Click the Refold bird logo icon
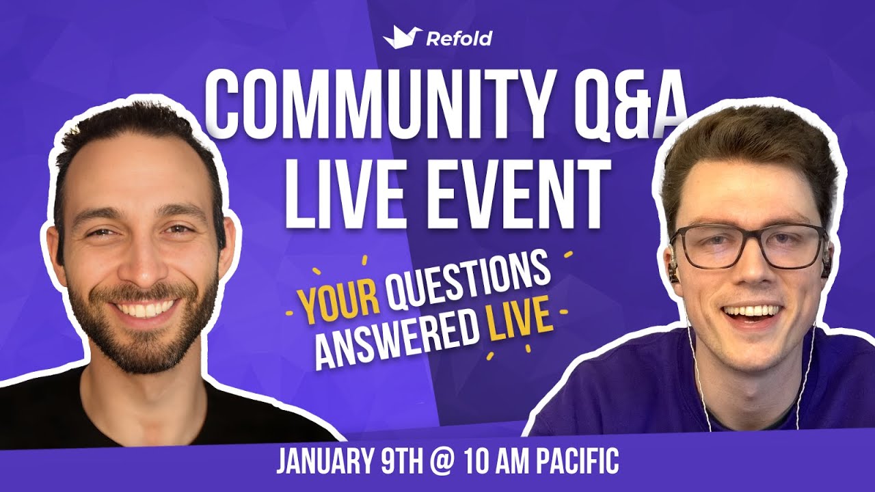(x=403, y=37)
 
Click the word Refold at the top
(x=459, y=38)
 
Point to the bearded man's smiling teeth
(x=144, y=310)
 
